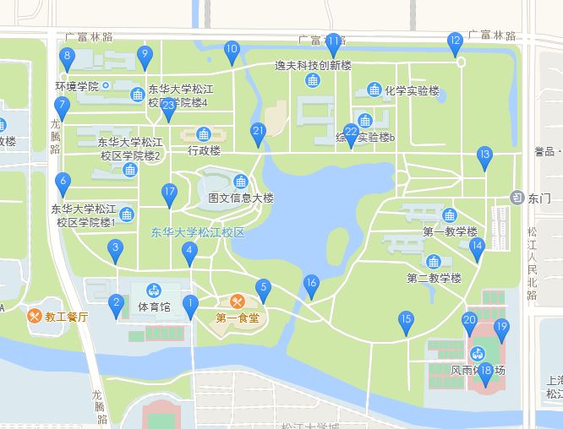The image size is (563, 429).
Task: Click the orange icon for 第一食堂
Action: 238,301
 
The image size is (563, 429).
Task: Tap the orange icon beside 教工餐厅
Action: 35,317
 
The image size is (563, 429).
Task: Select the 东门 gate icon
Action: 517,198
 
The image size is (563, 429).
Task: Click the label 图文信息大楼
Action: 241,198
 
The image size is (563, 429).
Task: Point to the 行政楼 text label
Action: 204,151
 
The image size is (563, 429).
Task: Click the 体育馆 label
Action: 154,307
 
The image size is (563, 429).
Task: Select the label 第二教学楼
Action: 434,278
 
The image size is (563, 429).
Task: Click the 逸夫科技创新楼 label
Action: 313,64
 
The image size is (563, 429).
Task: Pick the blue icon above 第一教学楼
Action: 449,215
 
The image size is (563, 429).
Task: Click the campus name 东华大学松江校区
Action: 198,232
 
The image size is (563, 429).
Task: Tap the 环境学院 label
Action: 77,86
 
